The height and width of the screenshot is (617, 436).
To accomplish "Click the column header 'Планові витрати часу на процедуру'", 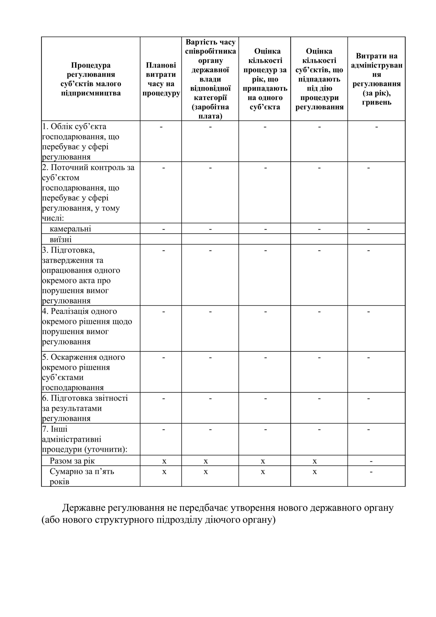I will (161, 79).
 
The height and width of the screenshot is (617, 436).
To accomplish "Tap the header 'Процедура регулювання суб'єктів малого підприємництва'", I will (91, 79).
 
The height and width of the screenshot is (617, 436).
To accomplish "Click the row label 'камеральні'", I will (70, 229).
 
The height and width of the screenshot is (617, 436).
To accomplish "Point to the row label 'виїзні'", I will (61, 239).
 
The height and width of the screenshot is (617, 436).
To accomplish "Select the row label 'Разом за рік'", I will (72, 461).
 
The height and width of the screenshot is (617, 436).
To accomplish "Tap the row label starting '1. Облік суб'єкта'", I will (81, 141).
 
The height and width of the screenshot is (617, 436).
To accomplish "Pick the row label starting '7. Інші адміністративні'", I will (84, 439).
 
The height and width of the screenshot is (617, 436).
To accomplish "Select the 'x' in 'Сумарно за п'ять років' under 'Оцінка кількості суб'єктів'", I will (315, 472).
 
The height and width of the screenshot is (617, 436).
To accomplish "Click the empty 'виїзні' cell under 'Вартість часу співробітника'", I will (210, 239).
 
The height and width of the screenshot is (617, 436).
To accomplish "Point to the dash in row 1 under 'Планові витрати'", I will (161, 127).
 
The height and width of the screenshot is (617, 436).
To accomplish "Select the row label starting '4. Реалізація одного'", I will (87, 327).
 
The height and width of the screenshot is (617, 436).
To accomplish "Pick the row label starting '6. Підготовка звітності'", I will (85, 408).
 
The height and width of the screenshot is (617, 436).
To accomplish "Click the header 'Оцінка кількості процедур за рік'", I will (265, 79).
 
